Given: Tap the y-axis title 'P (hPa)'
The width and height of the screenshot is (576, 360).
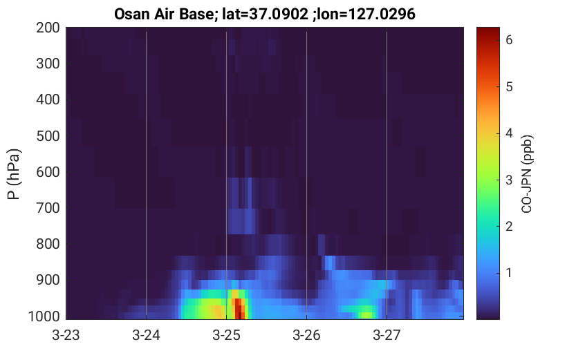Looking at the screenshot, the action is (14, 174).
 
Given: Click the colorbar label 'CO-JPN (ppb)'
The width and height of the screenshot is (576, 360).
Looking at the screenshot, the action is (527, 174).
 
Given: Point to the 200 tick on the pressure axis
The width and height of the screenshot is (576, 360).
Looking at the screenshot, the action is (48, 28).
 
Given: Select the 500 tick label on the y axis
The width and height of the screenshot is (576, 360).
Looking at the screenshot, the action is (48, 136).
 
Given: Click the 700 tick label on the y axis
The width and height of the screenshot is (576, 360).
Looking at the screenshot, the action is (48, 208).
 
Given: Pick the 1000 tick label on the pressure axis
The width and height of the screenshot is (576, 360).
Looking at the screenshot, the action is (44, 316).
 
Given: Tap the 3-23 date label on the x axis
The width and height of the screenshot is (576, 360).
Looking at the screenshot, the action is (66, 335).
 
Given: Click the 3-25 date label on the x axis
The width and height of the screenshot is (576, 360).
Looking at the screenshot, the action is (226, 335).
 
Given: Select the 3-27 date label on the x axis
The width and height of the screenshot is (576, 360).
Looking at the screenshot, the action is (387, 335).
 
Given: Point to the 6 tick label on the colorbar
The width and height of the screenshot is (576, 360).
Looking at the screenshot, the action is (509, 40).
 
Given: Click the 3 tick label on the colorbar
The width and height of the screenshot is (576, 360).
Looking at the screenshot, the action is (509, 180).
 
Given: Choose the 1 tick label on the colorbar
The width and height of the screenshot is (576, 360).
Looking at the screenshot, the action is (509, 273).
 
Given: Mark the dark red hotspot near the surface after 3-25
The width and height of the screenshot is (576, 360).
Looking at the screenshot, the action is (239, 309).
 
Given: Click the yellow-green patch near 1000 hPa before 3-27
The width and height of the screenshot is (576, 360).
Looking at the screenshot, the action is (366, 315).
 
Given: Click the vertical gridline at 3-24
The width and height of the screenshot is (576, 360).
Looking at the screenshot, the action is (146, 173).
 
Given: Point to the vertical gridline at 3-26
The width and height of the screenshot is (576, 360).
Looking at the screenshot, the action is (307, 173).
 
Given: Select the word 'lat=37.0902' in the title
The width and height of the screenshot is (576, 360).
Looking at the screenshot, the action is (266, 15).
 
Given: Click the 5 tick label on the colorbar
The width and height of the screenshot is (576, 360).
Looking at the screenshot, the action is (509, 87).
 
